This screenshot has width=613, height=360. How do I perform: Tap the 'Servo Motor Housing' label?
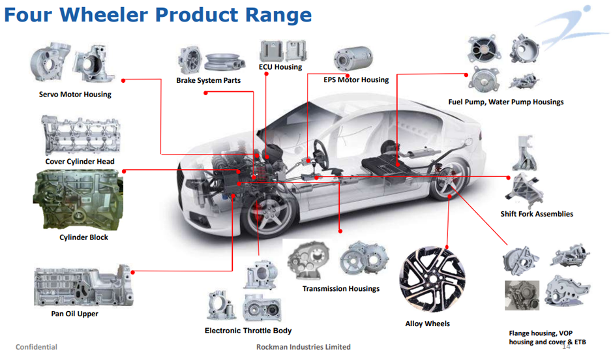click(75, 95)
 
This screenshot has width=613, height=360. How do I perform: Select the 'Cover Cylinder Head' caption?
click(80, 162)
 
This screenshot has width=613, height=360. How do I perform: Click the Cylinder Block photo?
click(78, 198)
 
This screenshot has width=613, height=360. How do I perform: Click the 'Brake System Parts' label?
click(208, 81)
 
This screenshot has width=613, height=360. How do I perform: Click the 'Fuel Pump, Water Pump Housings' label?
click(505, 102)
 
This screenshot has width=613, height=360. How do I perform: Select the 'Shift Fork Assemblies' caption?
click(537, 214)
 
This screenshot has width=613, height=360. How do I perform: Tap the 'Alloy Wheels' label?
click(427, 324)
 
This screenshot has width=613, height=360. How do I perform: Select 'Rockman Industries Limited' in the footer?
click(303, 347)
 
